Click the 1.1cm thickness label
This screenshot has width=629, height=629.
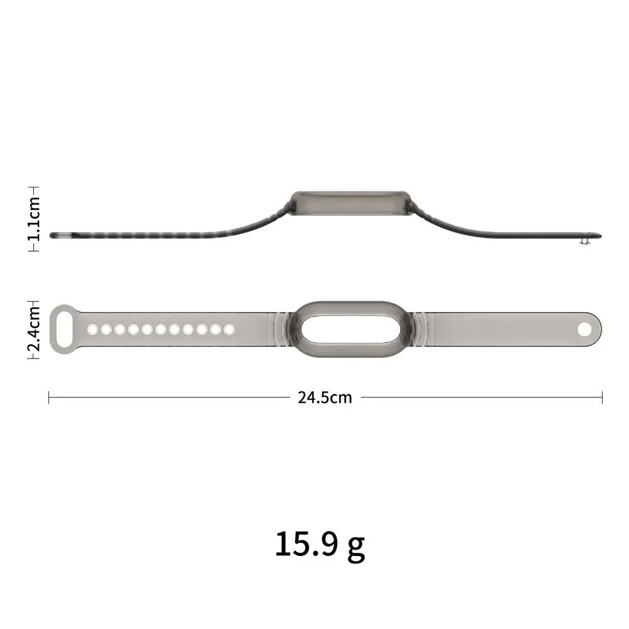(35, 218)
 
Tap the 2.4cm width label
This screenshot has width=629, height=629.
(35, 328)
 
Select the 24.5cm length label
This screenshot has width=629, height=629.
(325, 398)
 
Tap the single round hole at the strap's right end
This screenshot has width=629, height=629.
(585, 328)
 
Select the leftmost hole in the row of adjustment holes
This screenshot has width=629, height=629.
(92, 328)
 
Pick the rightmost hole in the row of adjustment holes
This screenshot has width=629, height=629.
(229, 328)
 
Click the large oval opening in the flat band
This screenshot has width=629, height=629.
(348, 328)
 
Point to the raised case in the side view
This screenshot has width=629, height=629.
(349, 203)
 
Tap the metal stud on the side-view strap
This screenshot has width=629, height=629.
(587, 240)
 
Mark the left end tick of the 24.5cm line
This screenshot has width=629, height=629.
(49, 398)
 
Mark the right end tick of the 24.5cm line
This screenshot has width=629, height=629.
(602, 398)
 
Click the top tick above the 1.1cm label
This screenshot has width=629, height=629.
(35, 187)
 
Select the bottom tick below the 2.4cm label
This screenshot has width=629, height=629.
(35, 359)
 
